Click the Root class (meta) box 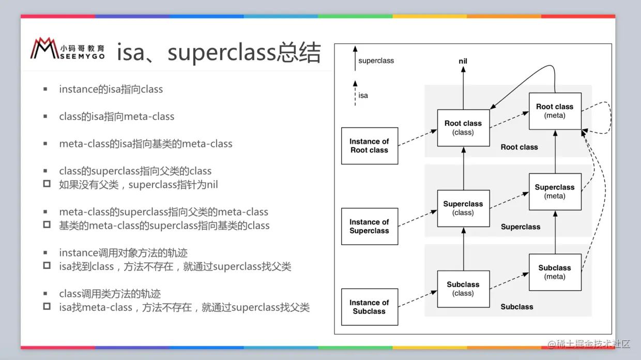pyautogui.click(x=555, y=111)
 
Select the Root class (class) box pyautogui.click(x=463, y=128)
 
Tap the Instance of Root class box pyautogui.click(x=369, y=146)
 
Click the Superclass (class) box pyautogui.click(x=463, y=208)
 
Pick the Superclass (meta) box pyautogui.click(x=555, y=191)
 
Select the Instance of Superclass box pyautogui.click(x=369, y=227)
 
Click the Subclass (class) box pyautogui.click(x=463, y=289)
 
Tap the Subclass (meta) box pyautogui.click(x=555, y=272)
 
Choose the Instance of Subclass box pyautogui.click(x=369, y=307)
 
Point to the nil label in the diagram pyautogui.click(x=463, y=61)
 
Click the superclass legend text pyautogui.click(x=376, y=61)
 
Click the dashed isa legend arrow pyautogui.click(x=355, y=94)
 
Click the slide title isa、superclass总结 pyautogui.click(x=219, y=53)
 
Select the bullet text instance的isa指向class pyautogui.click(x=111, y=89)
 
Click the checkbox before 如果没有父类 pyautogui.click(x=47, y=184)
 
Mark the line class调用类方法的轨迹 pyautogui.click(x=110, y=293)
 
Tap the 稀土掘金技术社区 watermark pyautogui.click(x=589, y=344)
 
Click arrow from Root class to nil pyautogui.click(x=463, y=88)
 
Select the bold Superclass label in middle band pyautogui.click(x=520, y=227)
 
